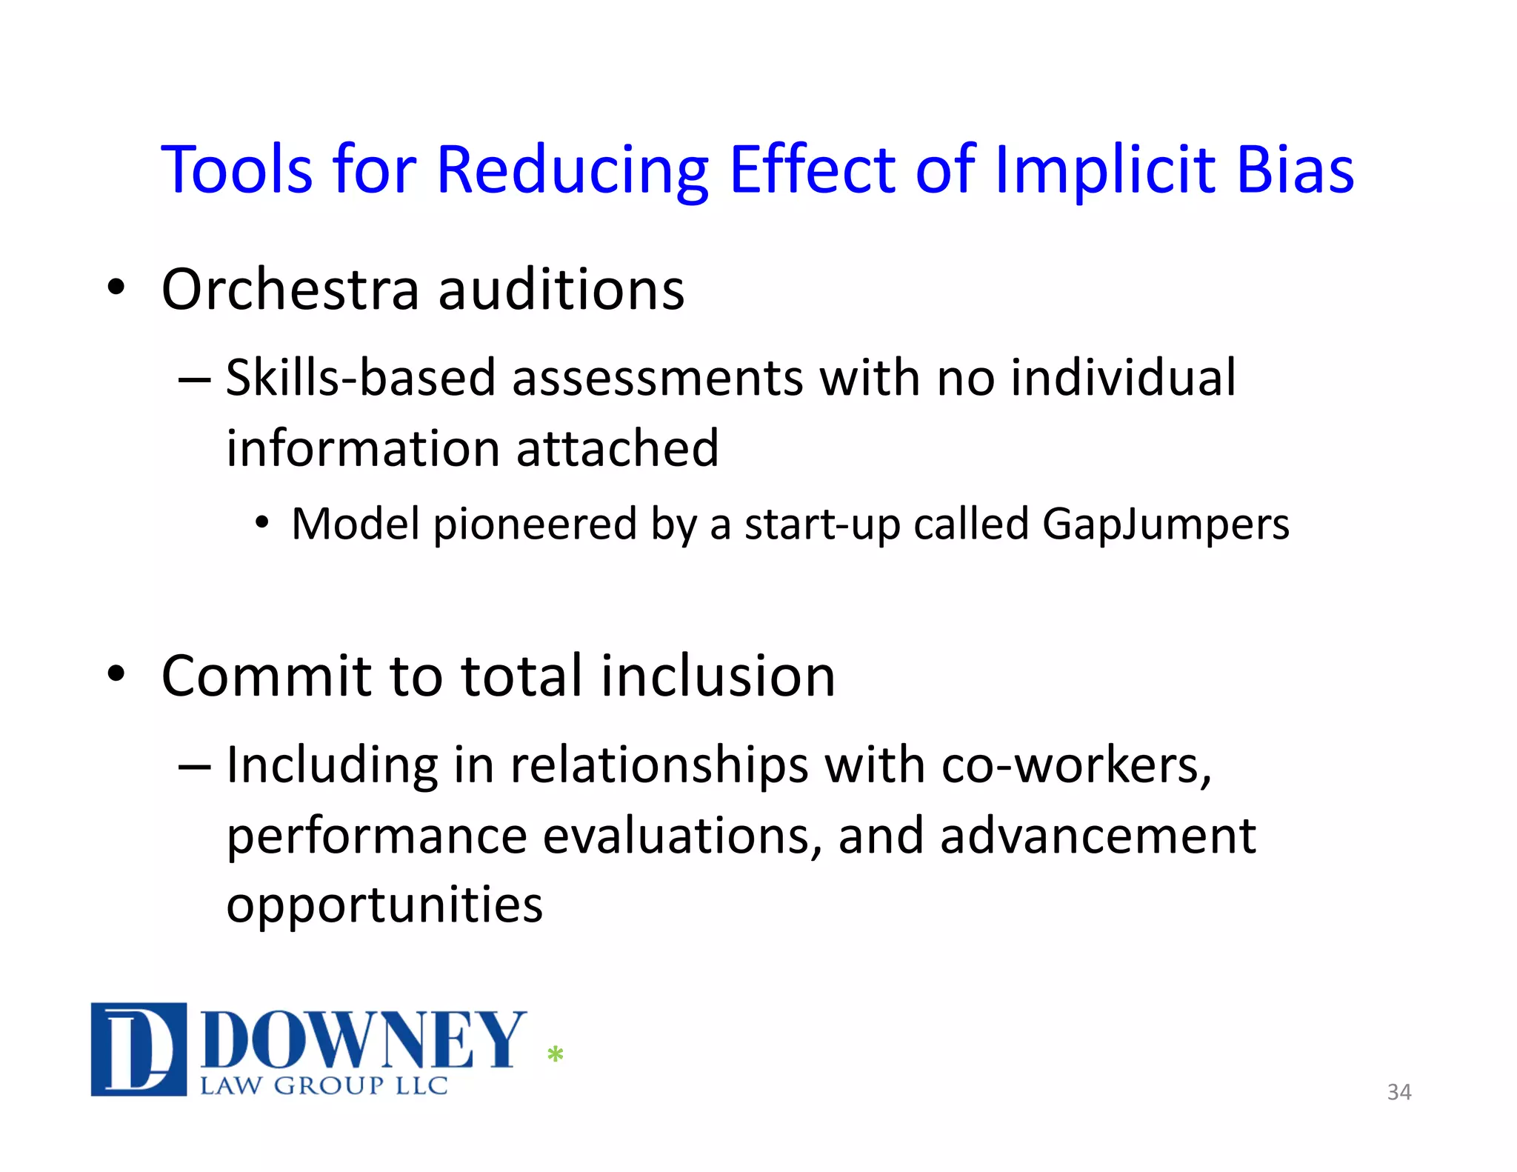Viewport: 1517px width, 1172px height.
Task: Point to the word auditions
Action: [x=561, y=289]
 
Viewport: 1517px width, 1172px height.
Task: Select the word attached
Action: [x=617, y=448]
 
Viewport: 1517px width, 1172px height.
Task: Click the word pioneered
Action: [x=534, y=525]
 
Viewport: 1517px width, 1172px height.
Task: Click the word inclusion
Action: [x=718, y=676]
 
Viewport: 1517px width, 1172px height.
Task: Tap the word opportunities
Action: [x=384, y=905]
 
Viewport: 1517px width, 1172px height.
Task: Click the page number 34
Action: [x=1398, y=1092]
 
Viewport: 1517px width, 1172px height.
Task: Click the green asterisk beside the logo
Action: [x=555, y=1053]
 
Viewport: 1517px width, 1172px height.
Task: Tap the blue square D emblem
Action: [x=139, y=1048]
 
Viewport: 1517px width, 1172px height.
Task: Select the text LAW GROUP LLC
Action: [x=324, y=1086]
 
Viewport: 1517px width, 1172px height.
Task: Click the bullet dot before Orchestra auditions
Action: [x=116, y=287]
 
